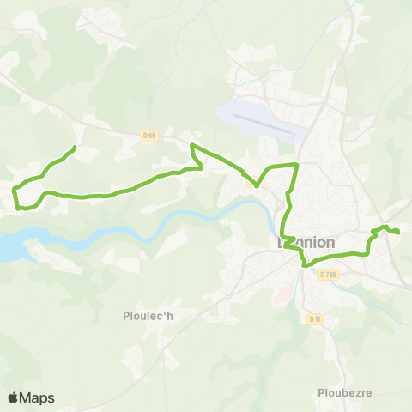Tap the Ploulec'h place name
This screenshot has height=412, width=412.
point(148,315)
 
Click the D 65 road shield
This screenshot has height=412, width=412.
point(150,135)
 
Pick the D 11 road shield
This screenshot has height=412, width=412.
point(314,318)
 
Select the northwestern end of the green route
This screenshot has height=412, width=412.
point(75,148)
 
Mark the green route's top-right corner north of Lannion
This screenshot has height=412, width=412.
point(296,163)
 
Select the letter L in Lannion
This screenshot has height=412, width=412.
point(280,243)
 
